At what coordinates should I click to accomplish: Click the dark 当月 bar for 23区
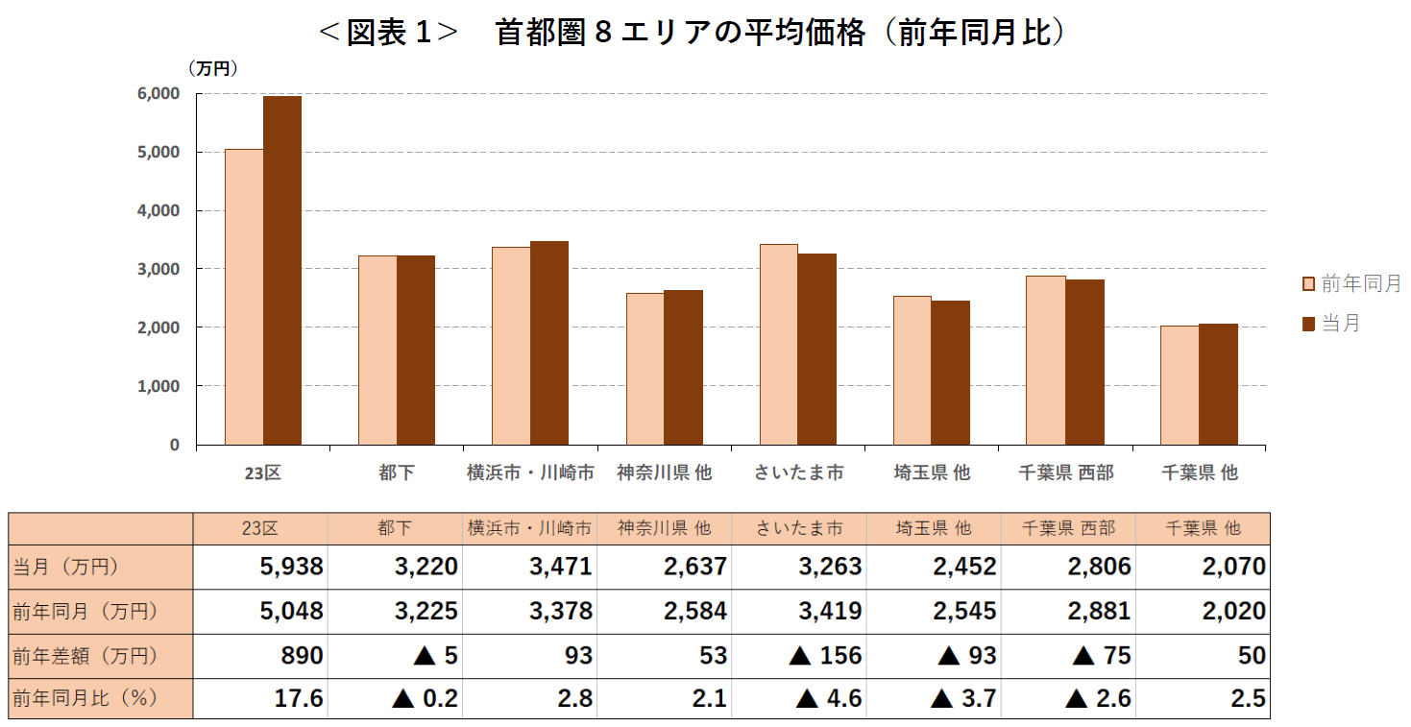tap(282, 270)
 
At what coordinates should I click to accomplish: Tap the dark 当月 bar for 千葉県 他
tap(1218, 384)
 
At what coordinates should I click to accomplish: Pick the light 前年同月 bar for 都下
tap(377, 350)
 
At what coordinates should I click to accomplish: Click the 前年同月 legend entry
tap(1351, 283)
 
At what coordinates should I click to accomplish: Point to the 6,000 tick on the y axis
tap(159, 94)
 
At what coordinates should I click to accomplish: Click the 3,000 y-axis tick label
tap(159, 270)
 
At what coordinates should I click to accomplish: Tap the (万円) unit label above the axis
tap(212, 68)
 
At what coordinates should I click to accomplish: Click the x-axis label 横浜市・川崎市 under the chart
tap(530, 473)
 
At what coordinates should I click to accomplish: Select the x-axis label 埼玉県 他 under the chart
tap(932, 473)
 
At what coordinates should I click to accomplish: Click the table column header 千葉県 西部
tap(1067, 528)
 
